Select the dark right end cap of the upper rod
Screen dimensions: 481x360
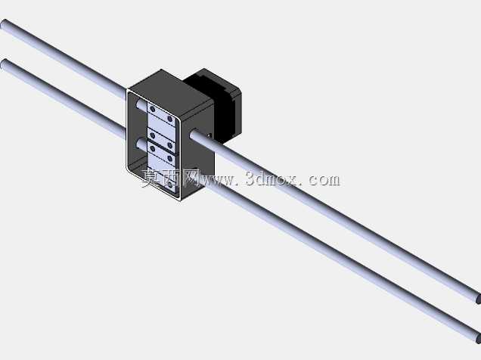point(478,299)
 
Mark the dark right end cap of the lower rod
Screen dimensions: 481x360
point(478,339)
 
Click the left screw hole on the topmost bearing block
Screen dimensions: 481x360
point(153,109)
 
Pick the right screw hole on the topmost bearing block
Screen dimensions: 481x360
point(169,119)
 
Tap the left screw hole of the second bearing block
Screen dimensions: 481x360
point(153,135)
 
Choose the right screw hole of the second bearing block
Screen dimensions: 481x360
point(170,144)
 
